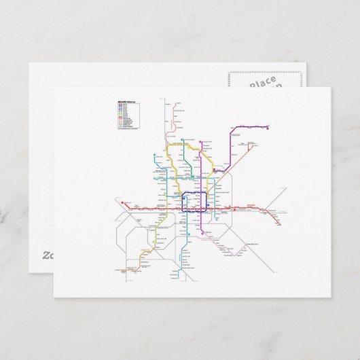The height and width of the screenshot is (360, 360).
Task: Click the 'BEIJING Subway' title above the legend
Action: (x=126, y=100)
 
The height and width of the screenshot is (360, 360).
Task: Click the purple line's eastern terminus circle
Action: (x=270, y=126)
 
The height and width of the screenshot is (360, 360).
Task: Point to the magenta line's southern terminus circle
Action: (x=201, y=233)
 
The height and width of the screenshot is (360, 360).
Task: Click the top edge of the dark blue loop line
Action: (x=196, y=193)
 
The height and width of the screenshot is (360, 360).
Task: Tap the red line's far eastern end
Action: (x=279, y=224)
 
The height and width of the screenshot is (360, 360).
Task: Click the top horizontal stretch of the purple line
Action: (x=252, y=126)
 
